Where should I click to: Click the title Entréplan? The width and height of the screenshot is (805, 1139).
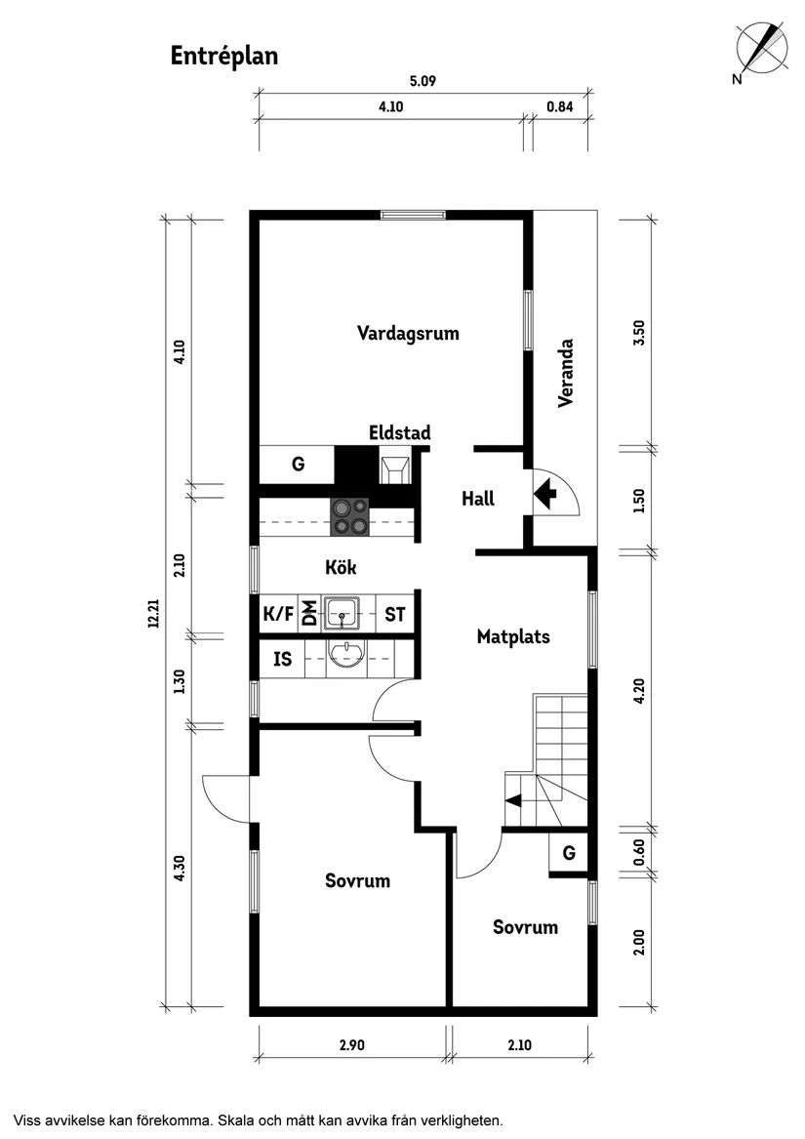[224, 56]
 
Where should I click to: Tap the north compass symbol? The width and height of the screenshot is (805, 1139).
[762, 49]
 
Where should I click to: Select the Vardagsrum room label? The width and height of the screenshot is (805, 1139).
[408, 333]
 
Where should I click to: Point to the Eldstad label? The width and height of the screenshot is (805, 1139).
[399, 432]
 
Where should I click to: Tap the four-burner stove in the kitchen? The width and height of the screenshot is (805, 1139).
[350, 516]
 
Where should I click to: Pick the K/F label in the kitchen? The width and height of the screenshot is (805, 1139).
[278, 614]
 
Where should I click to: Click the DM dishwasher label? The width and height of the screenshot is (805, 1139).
[309, 614]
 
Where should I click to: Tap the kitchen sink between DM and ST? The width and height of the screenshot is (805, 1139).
[342, 613]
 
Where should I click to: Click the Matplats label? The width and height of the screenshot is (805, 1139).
[513, 637]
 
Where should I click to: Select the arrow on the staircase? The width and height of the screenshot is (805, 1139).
[512, 801]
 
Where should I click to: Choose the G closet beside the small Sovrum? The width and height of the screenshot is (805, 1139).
[569, 852]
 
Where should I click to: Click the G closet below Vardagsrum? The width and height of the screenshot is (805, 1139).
[298, 465]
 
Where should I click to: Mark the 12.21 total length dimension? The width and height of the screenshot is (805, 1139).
[153, 613]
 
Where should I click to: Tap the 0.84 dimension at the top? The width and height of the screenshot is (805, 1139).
[560, 107]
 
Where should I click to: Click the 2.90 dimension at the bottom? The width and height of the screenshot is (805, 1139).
[351, 1045]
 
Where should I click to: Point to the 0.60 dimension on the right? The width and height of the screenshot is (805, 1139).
[639, 852]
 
